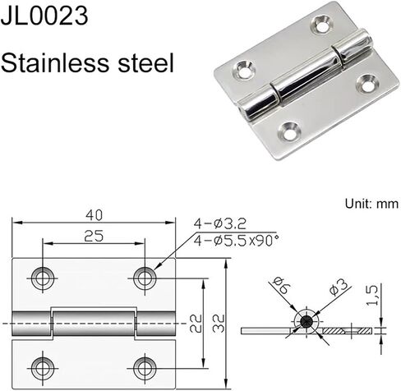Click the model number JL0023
[44, 16]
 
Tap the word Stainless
[55, 62]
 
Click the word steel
[146, 62]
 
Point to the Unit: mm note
[371, 204]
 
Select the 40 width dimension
[94, 215]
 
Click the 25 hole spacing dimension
[94, 236]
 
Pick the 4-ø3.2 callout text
[220, 223]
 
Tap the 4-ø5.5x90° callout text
[236, 241]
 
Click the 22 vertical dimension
[196, 324]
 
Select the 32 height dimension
[219, 324]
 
